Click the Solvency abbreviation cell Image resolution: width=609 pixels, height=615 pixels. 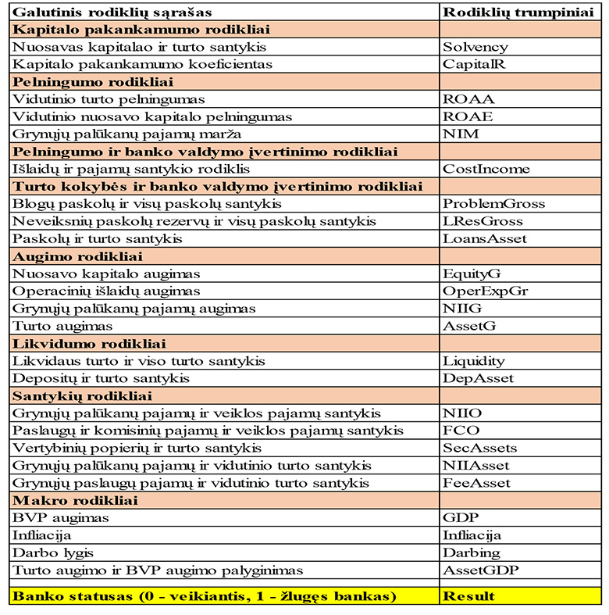point(475,47)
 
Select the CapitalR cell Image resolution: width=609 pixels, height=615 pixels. point(474,64)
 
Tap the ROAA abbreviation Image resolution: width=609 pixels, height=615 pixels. point(468,99)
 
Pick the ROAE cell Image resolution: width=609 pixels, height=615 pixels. point(468,116)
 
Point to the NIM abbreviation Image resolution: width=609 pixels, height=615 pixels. point(461,134)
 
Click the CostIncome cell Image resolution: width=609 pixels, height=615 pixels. point(486,169)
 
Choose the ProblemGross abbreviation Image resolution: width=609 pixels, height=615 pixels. point(493,204)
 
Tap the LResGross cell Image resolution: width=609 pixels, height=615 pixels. point(483,221)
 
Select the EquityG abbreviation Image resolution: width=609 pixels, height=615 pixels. point(472,274)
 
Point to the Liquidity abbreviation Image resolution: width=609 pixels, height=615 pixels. point(474,361)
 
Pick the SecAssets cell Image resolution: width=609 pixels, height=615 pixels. point(479,448)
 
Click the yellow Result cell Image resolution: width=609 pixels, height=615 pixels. point(468,596)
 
